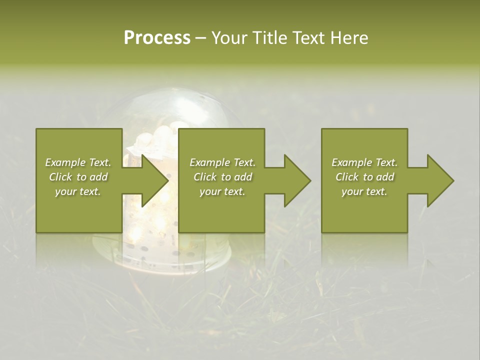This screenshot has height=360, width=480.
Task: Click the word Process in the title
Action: (157, 38)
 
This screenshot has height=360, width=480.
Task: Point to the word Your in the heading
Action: (230, 38)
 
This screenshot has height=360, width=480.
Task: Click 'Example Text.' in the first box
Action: (78, 162)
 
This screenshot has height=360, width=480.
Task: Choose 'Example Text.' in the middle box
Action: (222, 162)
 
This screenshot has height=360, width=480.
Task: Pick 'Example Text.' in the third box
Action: (364, 162)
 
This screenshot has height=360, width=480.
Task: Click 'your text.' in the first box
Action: (78, 191)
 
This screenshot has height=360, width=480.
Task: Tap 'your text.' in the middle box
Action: (222, 191)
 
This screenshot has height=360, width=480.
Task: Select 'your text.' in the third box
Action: (364, 191)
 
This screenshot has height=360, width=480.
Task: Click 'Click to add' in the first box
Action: (78, 177)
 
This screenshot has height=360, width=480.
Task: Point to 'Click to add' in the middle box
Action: (222, 177)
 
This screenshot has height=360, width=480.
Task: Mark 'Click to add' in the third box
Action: (364, 177)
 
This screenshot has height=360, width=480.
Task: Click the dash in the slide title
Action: (201, 38)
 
